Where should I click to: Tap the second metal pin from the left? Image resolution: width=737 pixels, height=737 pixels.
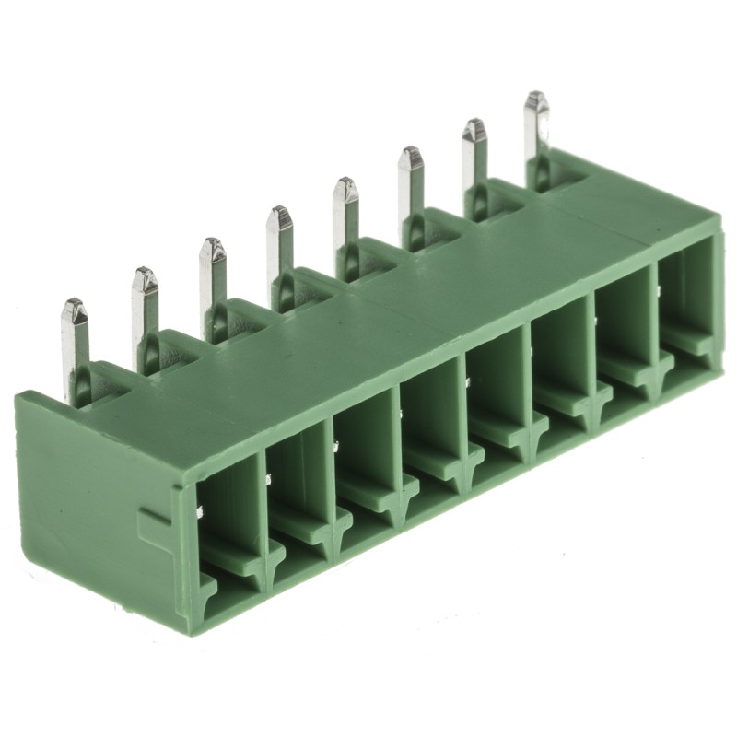[145, 313]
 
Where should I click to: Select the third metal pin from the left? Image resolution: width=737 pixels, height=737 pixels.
[212, 284]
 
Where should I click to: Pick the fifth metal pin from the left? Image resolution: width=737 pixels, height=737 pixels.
[345, 222]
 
